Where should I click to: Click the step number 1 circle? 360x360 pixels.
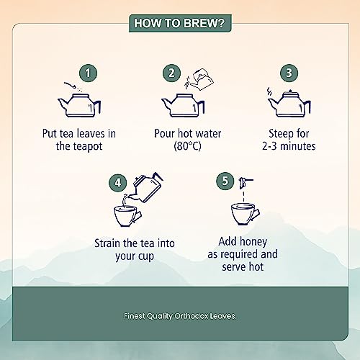[x=88, y=73]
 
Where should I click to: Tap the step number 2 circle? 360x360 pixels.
[x=171, y=73]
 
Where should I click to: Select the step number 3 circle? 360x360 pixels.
[x=289, y=73]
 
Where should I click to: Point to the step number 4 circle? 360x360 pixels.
[x=117, y=183]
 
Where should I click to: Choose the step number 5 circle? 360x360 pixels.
[x=225, y=181]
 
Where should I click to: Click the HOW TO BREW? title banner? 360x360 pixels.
[x=180, y=23]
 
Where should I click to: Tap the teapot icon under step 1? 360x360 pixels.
[x=79, y=105]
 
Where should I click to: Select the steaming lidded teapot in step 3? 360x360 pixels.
[x=289, y=104]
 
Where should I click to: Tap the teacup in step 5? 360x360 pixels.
[x=245, y=214]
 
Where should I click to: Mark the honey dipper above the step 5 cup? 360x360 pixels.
[x=245, y=183]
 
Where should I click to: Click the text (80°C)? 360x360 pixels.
[x=187, y=146]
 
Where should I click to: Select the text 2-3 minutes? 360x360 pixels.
[x=289, y=146]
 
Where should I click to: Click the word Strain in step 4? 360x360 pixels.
[x=107, y=243]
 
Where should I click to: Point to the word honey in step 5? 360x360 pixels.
[x=253, y=242]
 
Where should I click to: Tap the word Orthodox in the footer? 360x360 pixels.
[x=192, y=316]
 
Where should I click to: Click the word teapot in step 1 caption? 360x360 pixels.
[x=88, y=146]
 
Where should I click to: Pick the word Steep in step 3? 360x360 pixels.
[x=279, y=134]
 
